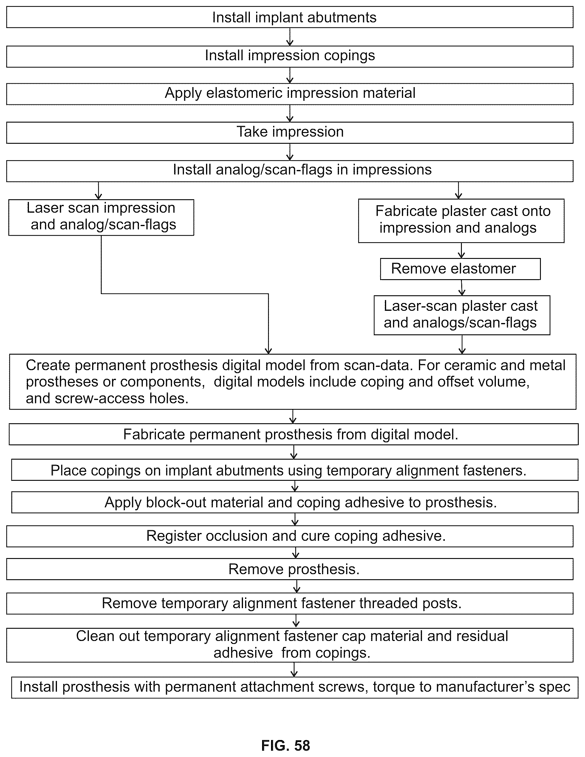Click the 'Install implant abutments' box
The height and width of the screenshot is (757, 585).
[290, 17]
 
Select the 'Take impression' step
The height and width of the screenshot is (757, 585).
[290, 132]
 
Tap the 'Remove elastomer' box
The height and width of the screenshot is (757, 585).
[460, 269]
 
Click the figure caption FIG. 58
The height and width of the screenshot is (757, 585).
[286, 745]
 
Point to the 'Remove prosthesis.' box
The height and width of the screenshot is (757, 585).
[290, 569]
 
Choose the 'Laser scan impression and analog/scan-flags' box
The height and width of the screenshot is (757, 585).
[101, 217]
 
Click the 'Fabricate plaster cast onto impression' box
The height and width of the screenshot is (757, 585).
[461, 220]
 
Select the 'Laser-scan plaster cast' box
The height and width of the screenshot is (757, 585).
[462, 315]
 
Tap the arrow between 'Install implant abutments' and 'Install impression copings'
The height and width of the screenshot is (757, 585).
[290, 37]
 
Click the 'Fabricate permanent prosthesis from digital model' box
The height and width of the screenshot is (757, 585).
[293, 434]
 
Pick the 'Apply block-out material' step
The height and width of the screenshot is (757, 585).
[295, 502]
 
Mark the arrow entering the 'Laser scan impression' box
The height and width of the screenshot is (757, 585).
[99, 191]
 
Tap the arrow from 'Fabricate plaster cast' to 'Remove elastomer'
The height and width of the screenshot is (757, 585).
[461, 250]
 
